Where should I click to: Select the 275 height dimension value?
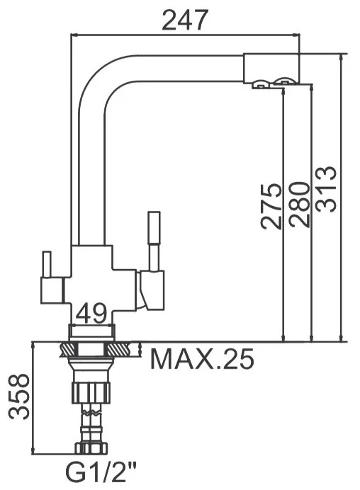point(271,206)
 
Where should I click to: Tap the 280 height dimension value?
point(299,205)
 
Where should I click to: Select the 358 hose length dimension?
point(18,397)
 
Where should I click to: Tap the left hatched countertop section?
point(70,349)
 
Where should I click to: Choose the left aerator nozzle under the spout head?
point(260,86)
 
